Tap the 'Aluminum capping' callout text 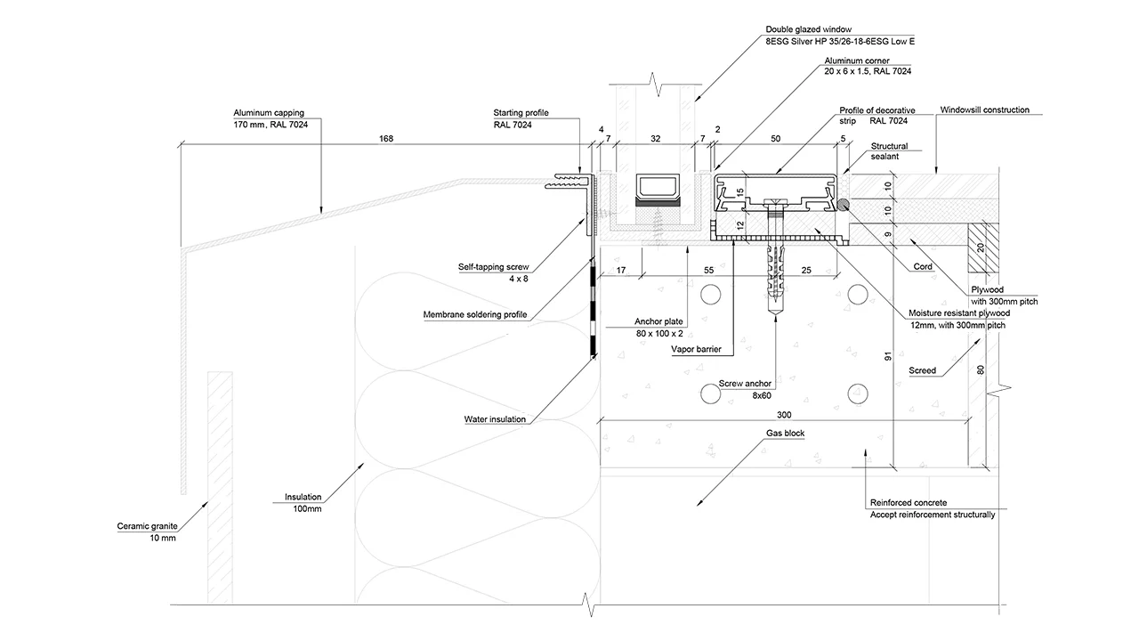click(x=269, y=113)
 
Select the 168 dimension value click(x=384, y=138)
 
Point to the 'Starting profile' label click(x=521, y=113)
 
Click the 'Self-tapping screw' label click(x=492, y=266)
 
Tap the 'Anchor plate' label click(x=658, y=321)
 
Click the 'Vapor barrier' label click(x=697, y=350)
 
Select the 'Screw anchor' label click(x=745, y=384)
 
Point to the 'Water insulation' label click(x=495, y=418)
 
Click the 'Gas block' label click(x=786, y=433)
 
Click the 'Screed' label click(x=922, y=370)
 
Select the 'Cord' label click(x=922, y=266)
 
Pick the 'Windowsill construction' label click(x=984, y=110)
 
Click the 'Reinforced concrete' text click(x=908, y=502)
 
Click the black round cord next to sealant click(x=842, y=205)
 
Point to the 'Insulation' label click(x=303, y=497)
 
